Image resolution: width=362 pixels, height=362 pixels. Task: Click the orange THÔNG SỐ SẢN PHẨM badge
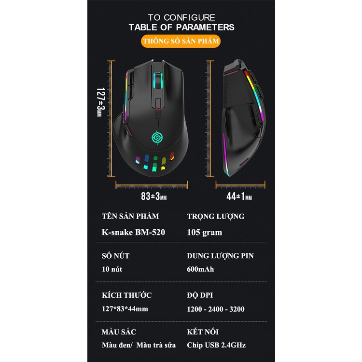pyautogui.click(x=181, y=41)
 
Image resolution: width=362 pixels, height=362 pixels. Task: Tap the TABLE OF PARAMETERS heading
pyautogui.click(x=181, y=27)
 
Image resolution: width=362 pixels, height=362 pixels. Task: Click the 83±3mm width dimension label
pyautogui.click(x=153, y=196)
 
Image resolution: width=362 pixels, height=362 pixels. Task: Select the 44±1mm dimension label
pyautogui.click(x=239, y=196)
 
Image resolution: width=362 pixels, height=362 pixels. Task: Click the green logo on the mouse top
pyautogui.click(x=157, y=138)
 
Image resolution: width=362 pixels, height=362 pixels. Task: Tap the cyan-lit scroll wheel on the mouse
pyautogui.click(x=157, y=80)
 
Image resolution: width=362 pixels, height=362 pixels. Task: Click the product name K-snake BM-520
pyautogui.click(x=134, y=232)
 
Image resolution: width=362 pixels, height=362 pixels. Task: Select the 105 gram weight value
pyautogui.click(x=205, y=232)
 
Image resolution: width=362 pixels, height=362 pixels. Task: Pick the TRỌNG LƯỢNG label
pyautogui.click(x=215, y=216)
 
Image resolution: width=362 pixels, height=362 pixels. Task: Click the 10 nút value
pyautogui.click(x=112, y=269)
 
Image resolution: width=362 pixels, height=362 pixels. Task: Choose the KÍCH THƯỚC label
pyautogui.click(x=127, y=295)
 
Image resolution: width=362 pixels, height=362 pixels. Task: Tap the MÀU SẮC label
pyautogui.click(x=119, y=332)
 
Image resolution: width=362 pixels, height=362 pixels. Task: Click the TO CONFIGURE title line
pyautogui.click(x=181, y=15)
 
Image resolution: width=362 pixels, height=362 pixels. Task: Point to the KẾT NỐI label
pyautogui.click(x=203, y=332)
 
